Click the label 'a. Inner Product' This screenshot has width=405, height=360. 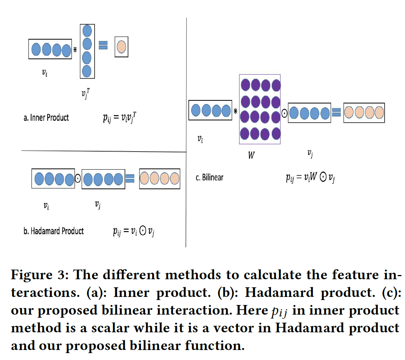[x=46, y=118]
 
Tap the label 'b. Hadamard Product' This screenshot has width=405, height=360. [x=53, y=231]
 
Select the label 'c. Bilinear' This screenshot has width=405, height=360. [x=209, y=178]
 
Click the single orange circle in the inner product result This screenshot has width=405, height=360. [x=121, y=47]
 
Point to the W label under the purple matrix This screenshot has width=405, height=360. [x=251, y=156]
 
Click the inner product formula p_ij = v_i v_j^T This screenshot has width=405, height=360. [x=120, y=118]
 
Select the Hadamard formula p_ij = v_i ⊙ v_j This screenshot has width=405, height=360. [x=134, y=231]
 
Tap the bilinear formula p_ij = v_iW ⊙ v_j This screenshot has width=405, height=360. [x=310, y=178]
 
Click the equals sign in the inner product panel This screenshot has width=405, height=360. [x=103, y=45]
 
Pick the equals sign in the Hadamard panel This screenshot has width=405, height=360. [x=130, y=178]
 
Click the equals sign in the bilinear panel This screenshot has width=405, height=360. [x=337, y=113]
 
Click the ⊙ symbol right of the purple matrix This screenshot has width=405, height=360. [x=284, y=113]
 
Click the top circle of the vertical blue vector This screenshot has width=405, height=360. [x=87, y=31]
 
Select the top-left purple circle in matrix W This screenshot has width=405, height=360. [x=246, y=84]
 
